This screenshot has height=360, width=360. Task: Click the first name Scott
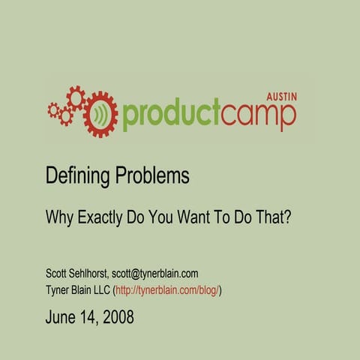[57, 274]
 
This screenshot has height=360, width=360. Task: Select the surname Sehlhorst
[89, 274]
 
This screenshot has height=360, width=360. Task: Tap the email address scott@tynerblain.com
[154, 274]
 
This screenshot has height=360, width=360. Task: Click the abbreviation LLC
[100, 289]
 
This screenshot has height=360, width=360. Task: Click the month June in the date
[61, 316]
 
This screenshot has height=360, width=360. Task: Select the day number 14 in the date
[88, 316]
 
